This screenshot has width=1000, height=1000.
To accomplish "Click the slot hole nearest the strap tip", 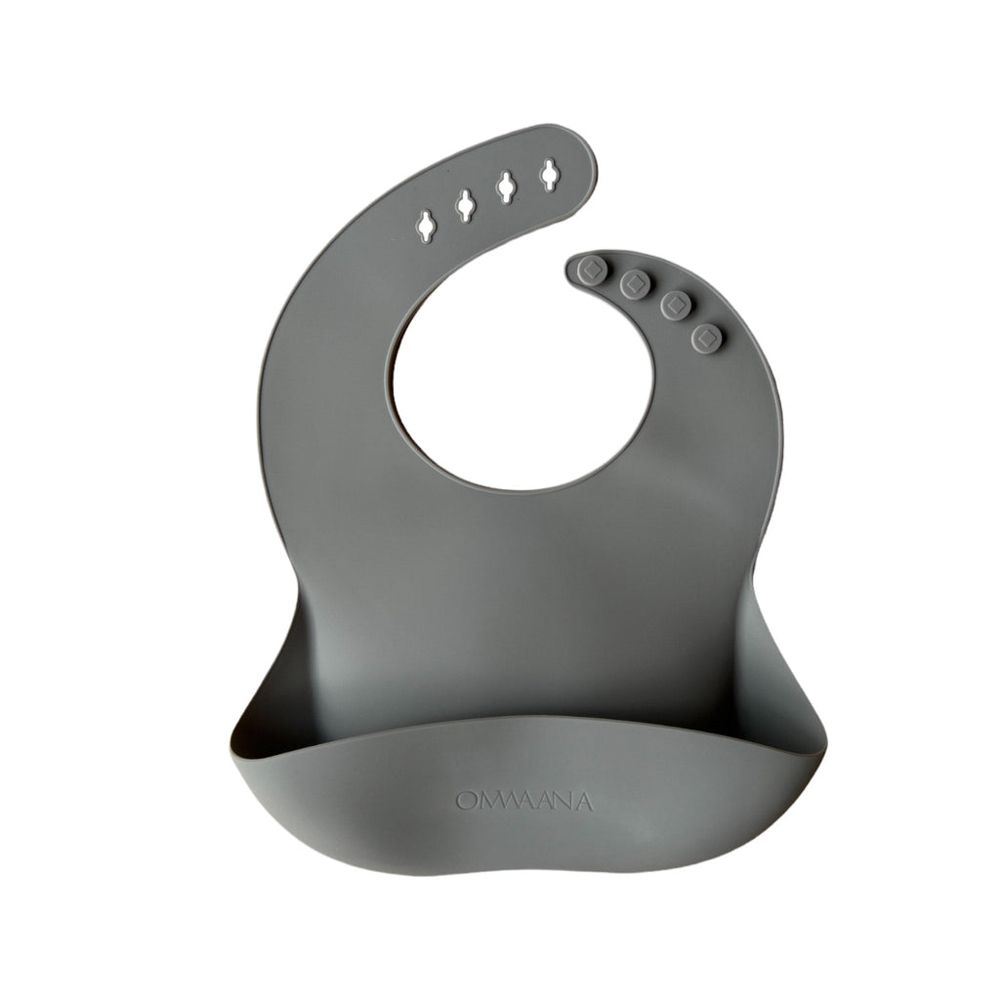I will (x=550, y=174).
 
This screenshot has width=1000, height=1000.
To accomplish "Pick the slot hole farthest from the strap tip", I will (x=427, y=225).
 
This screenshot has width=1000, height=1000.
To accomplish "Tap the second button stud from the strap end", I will (x=636, y=284).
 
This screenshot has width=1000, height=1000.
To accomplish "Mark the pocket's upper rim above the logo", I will (x=528, y=720).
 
